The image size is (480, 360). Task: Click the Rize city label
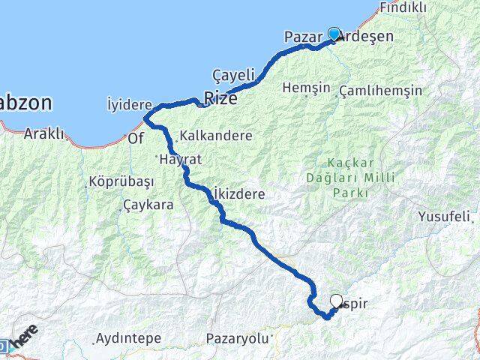pos(218,98)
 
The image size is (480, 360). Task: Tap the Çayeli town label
pos(234,76)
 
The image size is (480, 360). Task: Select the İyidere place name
pos(130,104)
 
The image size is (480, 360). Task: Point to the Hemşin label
pos(306,88)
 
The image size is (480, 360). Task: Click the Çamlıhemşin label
pos(381,91)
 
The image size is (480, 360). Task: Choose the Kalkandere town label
pos(216,136)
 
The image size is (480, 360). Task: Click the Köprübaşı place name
pos(121,182)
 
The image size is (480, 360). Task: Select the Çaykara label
pos(148,204)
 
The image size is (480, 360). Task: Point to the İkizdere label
pos(238,193)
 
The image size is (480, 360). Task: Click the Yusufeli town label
pos(445,217)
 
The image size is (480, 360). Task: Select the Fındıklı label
pos(403,7)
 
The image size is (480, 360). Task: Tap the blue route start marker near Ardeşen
pos(334,34)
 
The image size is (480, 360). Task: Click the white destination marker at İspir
pos(337,301)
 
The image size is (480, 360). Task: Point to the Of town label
pos(136,139)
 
